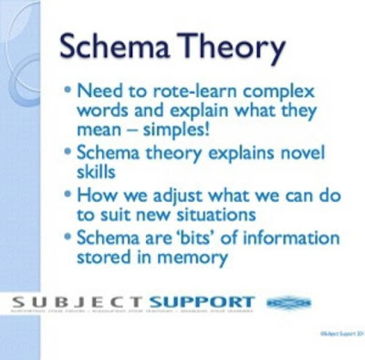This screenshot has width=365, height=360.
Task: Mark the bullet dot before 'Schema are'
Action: tap(71, 238)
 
